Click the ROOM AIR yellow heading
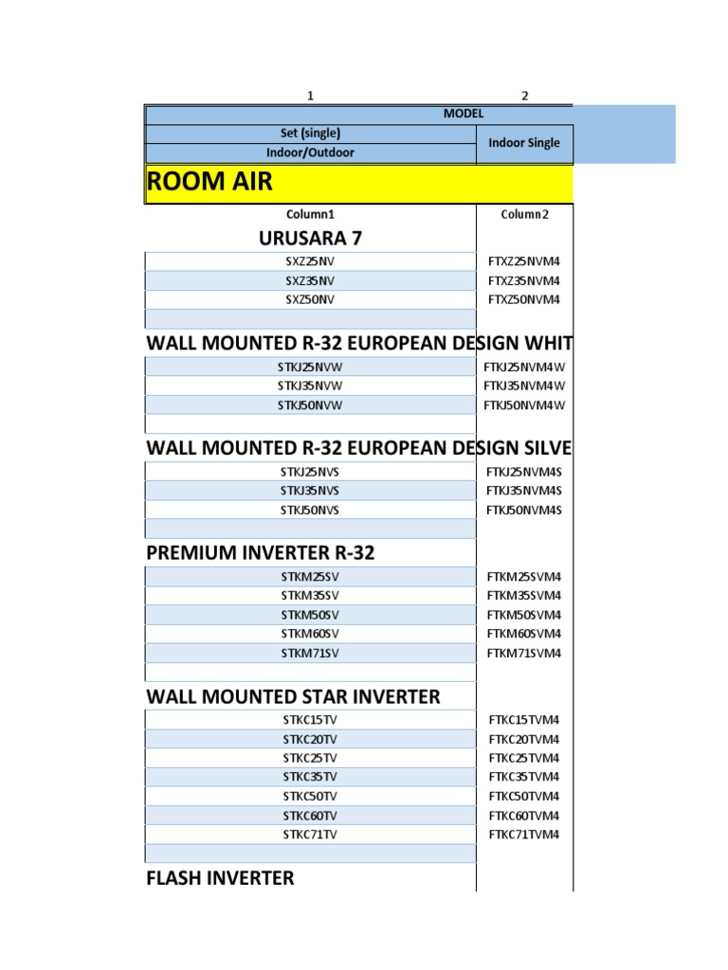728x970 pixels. tap(209, 183)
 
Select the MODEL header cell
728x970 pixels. tap(463, 114)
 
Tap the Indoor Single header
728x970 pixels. tap(524, 143)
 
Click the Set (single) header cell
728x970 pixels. tap(309, 133)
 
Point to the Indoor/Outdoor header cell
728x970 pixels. tap(309, 153)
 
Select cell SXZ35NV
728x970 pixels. tap(310, 280)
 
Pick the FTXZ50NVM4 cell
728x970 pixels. tap(524, 299)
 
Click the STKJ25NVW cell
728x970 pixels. tap(310, 367)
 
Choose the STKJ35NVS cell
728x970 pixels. tap(310, 491)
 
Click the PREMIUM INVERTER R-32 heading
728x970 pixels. tap(261, 552)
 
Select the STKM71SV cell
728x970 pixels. tap(310, 653)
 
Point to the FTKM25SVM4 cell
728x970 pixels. tap(524, 576)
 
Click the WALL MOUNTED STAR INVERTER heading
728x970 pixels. tap(294, 696)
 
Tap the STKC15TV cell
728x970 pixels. tap(310, 720)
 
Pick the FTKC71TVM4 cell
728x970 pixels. tap(524, 835)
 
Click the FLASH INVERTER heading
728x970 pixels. tap(220, 878)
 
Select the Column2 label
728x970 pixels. tap(524, 214)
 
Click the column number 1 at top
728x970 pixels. tap(309, 96)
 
